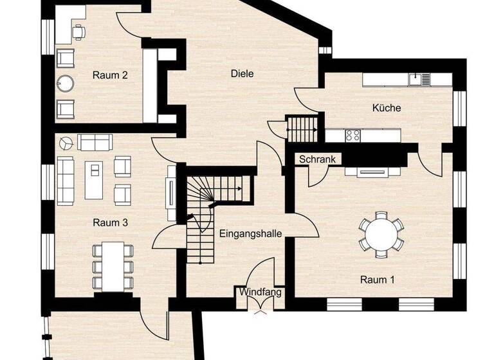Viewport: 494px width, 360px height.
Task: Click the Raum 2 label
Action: tap(110, 75)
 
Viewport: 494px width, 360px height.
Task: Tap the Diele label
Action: tap(242, 73)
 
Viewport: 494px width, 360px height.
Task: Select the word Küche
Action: tap(387, 107)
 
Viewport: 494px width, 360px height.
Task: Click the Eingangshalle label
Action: tap(251, 233)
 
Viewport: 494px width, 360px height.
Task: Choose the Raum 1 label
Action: tap(378, 280)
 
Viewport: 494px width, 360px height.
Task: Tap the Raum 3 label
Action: tap(110, 223)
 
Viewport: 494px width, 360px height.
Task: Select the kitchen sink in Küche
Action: tap(423, 79)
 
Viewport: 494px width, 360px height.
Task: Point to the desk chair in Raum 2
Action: tap(78, 30)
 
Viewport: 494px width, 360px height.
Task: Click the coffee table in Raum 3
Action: tap(94, 179)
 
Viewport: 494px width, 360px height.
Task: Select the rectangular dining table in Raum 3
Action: tap(113, 265)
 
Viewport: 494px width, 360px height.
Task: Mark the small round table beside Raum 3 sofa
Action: tap(64, 140)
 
